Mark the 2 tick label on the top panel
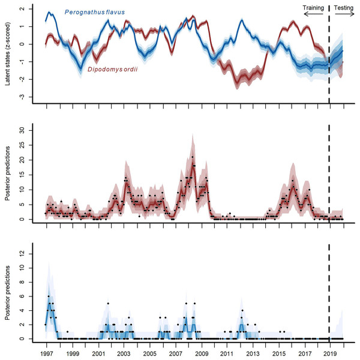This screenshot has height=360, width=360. click(x=23, y=10)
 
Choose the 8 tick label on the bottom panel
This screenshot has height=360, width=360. click(x=23, y=282)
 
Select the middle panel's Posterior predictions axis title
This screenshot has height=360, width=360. click(x=8, y=174)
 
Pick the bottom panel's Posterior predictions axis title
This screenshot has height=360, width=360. click(x=8, y=292)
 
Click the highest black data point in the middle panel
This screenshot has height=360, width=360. click(x=193, y=157)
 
